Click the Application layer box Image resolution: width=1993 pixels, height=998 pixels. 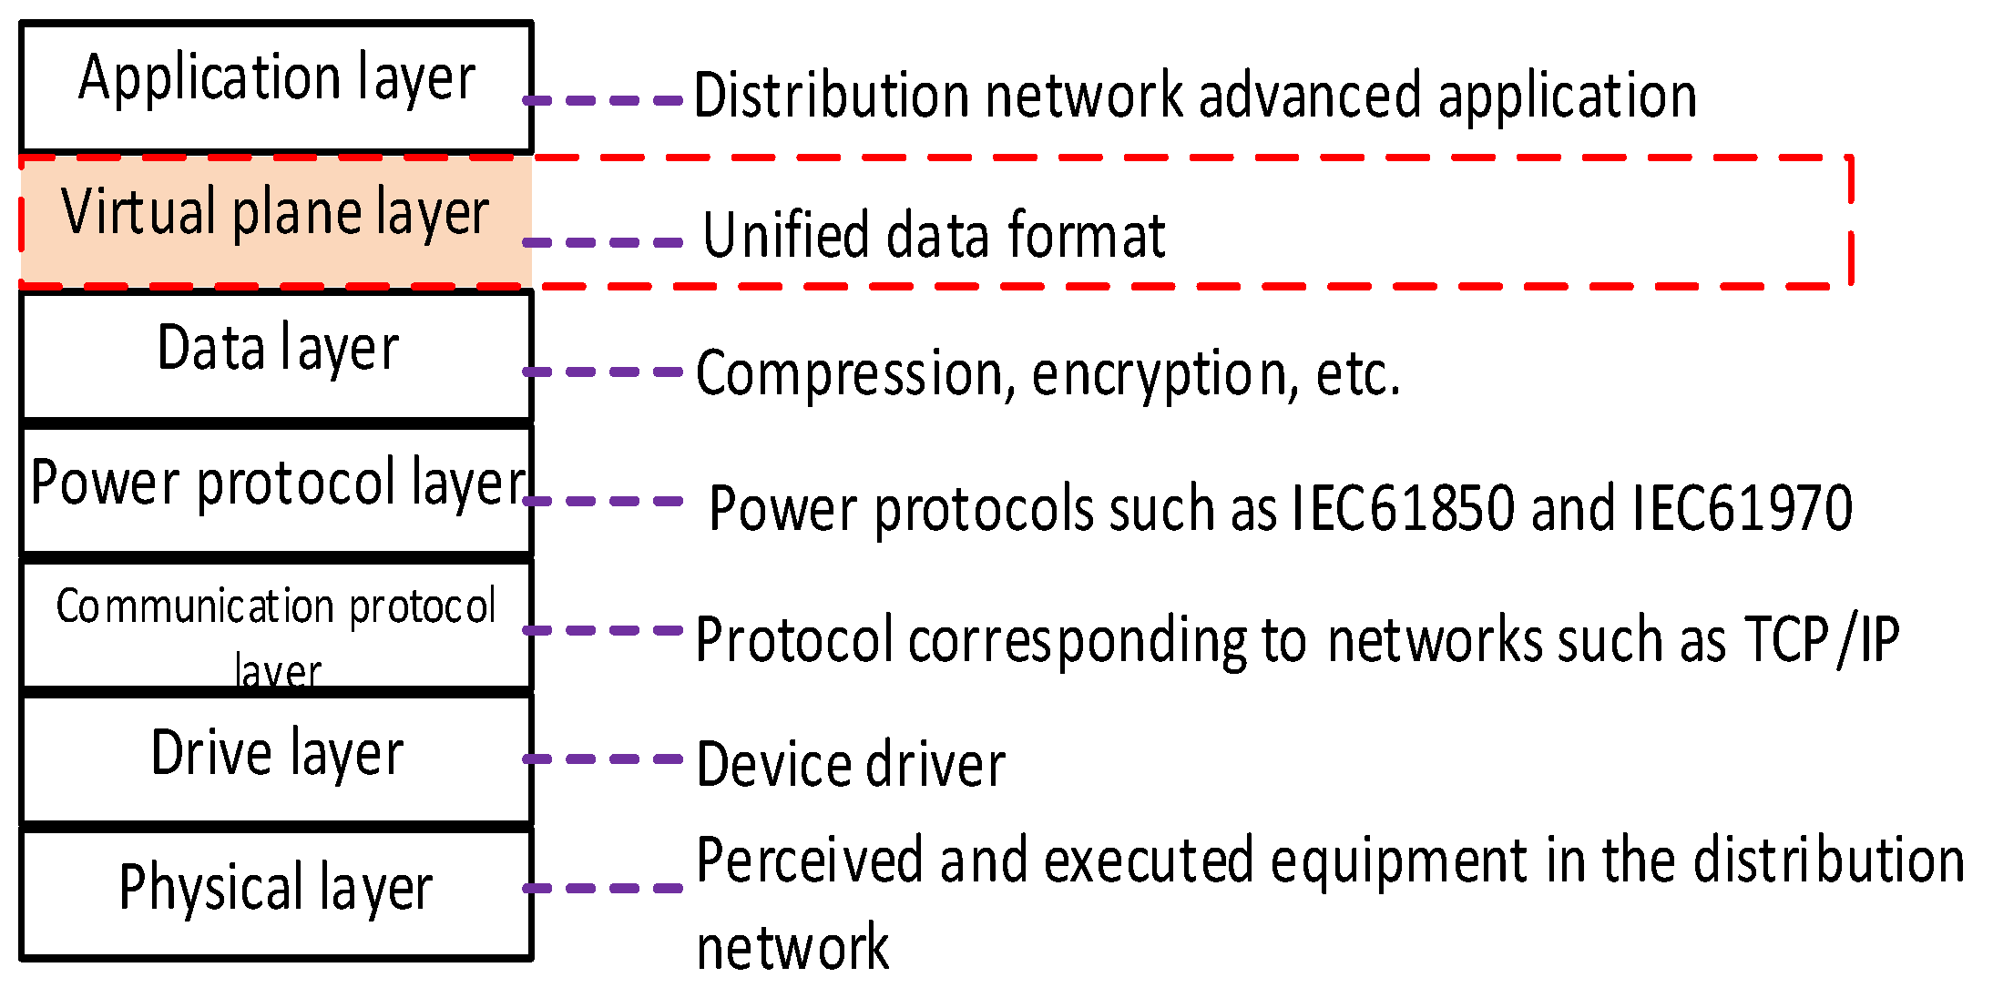(276, 87)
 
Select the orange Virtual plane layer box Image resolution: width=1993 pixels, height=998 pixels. (276, 222)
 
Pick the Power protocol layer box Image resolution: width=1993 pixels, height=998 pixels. (276, 489)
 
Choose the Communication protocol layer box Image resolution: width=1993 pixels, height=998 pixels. (276, 626)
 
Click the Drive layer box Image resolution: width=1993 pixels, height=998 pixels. (276, 759)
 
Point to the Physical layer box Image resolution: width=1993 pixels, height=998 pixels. (276, 892)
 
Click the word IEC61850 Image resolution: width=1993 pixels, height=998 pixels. (1403, 507)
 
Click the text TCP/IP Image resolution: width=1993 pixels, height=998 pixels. (1822, 639)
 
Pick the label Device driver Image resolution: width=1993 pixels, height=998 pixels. (851, 765)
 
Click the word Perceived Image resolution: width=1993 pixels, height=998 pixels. (810, 861)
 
